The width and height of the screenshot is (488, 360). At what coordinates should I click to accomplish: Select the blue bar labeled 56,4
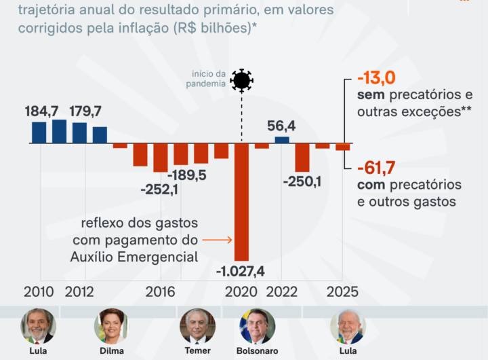coord(282,140)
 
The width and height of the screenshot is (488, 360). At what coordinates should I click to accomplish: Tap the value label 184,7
coord(43,111)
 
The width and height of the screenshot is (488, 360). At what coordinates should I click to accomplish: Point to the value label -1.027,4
coord(241,271)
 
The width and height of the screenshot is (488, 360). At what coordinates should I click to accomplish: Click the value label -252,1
coord(159,190)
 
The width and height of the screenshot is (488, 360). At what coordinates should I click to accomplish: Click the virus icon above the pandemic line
coord(241,81)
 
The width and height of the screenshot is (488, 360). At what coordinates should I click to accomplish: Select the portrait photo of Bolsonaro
coord(258,325)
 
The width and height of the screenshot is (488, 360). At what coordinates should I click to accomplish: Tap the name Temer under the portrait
coord(197,351)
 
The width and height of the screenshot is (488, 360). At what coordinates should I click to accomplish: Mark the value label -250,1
coord(302,181)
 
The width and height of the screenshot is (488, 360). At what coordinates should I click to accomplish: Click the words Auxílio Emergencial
coord(134,257)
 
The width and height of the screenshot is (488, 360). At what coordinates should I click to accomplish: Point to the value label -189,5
coord(187,175)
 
